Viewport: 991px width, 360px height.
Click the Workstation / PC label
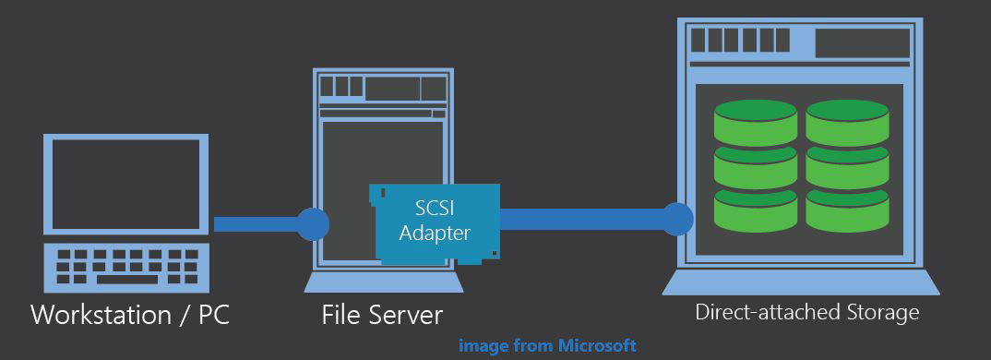130,315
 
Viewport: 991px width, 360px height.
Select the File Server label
382,315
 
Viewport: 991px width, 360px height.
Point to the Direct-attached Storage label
806,312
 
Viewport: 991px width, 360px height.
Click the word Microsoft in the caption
597,346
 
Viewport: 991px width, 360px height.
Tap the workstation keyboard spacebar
126,279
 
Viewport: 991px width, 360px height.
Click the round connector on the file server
313,224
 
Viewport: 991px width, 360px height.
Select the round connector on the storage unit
678,219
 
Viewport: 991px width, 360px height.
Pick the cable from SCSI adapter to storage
581,220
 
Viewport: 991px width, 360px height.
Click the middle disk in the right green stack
846,164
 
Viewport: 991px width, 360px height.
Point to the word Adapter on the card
435,233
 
